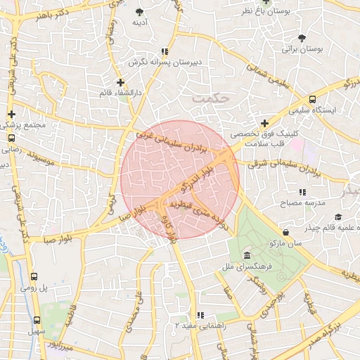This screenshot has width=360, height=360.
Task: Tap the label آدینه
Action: pyautogui.click(x=139, y=22)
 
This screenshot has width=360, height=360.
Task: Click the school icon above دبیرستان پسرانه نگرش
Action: pyautogui.click(x=165, y=51)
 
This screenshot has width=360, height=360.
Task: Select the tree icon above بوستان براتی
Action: pyautogui.click(x=302, y=38)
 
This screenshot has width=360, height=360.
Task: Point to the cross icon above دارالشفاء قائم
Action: pyautogui.click(x=120, y=82)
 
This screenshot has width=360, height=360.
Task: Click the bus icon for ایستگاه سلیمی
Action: pyautogui.click(x=312, y=100)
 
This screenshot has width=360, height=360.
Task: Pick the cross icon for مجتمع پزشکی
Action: pyautogui.click(x=11, y=114)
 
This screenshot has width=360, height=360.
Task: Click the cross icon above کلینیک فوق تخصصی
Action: pyautogui.click(x=264, y=122)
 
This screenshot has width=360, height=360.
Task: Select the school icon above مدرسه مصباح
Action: pyautogui.click(x=302, y=191)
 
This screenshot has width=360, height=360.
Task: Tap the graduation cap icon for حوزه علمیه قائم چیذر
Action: pyautogui.click(x=338, y=217)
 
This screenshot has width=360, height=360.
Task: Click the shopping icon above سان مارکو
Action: pyautogui.click(x=285, y=232)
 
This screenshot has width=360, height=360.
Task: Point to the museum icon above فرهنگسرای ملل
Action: pyautogui.click(x=246, y=255)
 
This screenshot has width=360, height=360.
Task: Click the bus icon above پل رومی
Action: pyautogui.click(x=36, y=277)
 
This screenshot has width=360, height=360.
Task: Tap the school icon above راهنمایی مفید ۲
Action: pyautogui.click(x=200, y=315)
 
